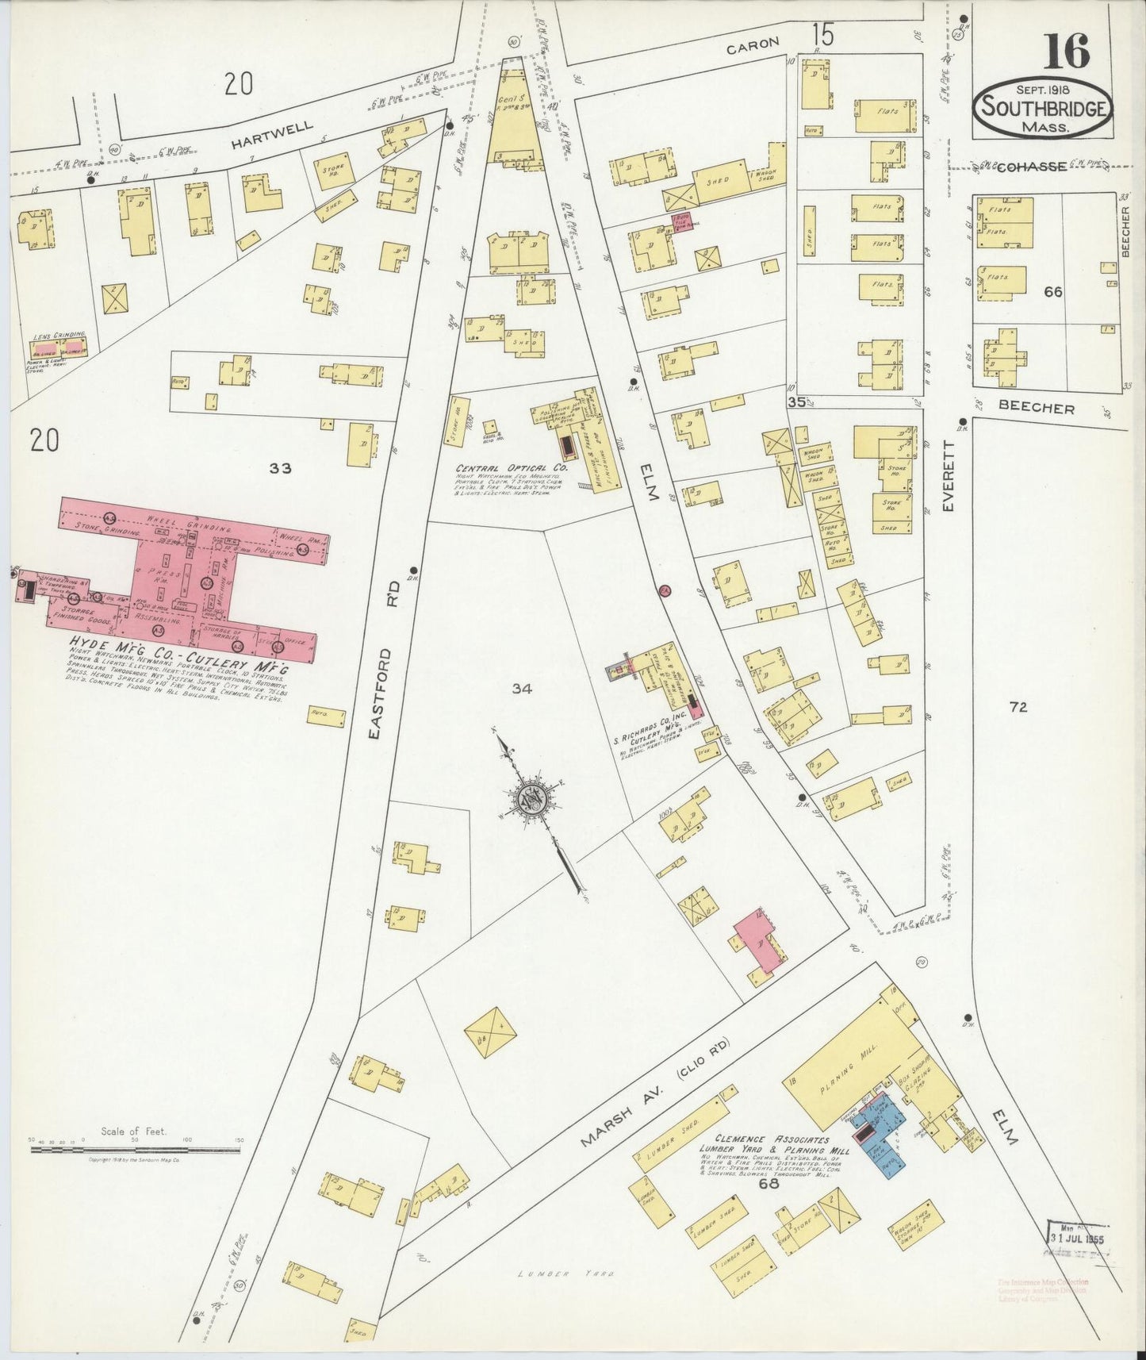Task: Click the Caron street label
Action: point(753,45)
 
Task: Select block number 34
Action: point(521,690)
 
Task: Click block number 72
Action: point(1018,707)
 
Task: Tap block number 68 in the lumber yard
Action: point(768,1185)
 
